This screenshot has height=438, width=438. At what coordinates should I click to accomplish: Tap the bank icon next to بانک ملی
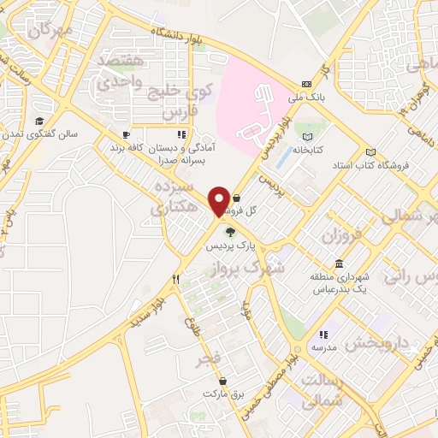[x=306, y=84]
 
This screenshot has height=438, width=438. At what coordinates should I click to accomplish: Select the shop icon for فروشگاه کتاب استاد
[x=370, y=151]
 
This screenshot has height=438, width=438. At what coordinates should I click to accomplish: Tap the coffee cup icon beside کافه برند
[x=126, y=135]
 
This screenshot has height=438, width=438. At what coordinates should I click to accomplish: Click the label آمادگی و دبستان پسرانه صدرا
[x=181, y=153]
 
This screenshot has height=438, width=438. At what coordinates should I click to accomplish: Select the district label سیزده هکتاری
[x=173, y=197]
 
